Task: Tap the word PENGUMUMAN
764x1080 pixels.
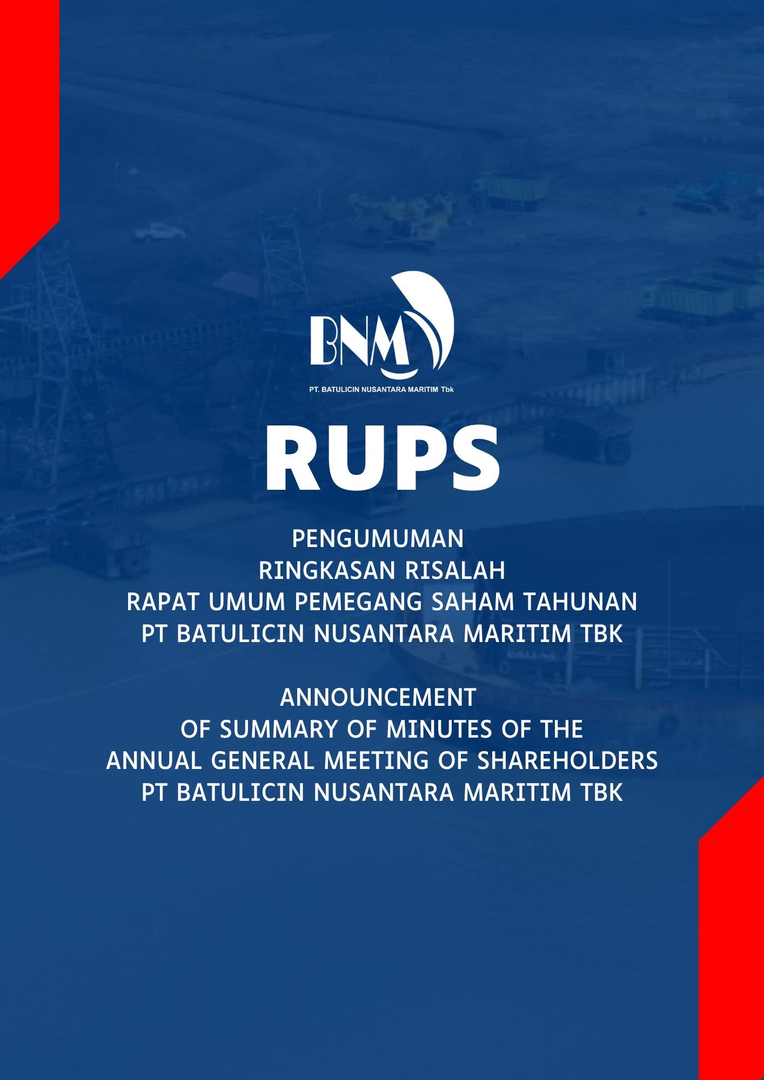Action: pyautogui.click(x=378, y=539)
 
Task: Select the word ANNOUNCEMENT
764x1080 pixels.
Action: pyautogui.click(x=378, y=698)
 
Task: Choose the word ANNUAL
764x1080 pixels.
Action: pyautogui.click(x=155, y=761)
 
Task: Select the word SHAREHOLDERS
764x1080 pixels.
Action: pyautogui.click(x=567, y=761)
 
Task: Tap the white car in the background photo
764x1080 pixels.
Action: pyautogui.click(x=159, y=233)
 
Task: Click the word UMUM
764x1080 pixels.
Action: pyautogui.click(x=247, y=602)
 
